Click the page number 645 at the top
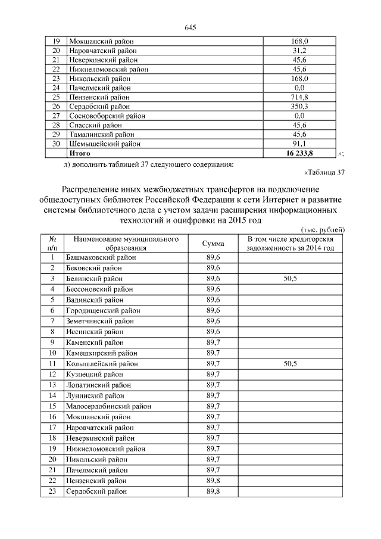tap(190, 28)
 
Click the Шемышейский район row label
tap(105, 144)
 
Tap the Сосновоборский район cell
tap(107, 116)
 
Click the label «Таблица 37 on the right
tap(324, 173)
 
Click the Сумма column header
tap(213, 244)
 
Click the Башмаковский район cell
tap(101, 257)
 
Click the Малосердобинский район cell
tap(109, 406)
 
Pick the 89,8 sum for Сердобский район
tap(213, 491)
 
